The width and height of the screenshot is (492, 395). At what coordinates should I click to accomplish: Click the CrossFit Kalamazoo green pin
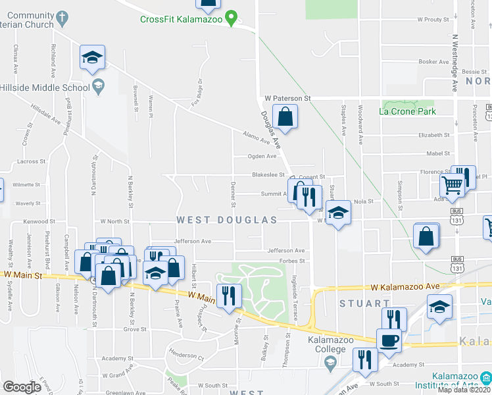(231, 18)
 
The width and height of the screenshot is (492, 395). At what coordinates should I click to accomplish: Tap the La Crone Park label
(408, 111)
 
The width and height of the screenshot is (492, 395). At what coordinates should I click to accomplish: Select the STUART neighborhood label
(364, 303)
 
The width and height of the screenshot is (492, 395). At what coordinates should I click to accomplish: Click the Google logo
(22, 386)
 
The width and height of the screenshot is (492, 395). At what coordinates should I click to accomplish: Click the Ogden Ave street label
(262, 156)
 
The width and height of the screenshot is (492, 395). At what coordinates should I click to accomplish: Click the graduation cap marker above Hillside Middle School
(92, 57)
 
